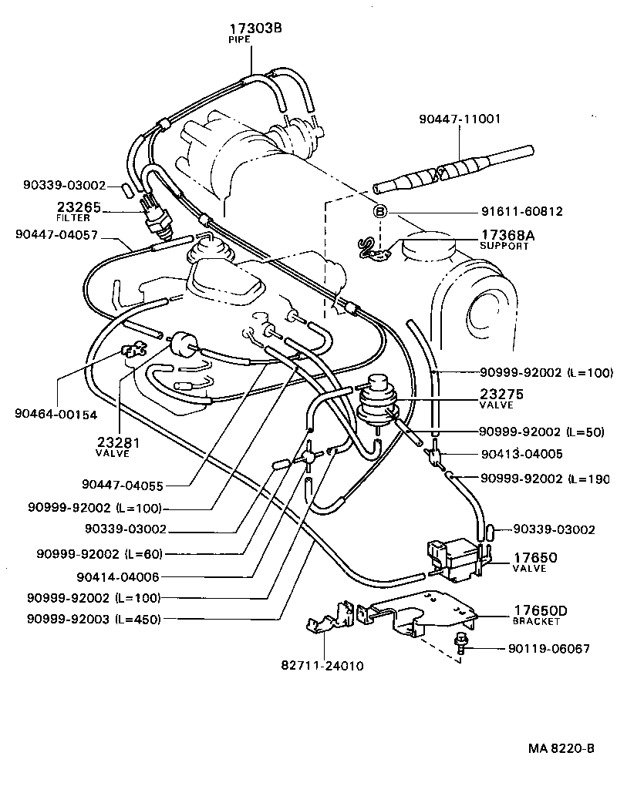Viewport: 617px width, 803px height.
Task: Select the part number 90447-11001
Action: pos(460,119)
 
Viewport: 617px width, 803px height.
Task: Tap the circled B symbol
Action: pos(379,211)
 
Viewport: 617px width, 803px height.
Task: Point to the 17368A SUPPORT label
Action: pos(504,240)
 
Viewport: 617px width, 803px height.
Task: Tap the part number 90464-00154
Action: pos(56,415)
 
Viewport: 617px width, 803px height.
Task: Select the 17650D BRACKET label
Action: pos(540,615)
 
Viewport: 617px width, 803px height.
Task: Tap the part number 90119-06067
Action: pos(548,649)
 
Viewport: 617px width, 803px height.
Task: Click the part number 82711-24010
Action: pos(322,665)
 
